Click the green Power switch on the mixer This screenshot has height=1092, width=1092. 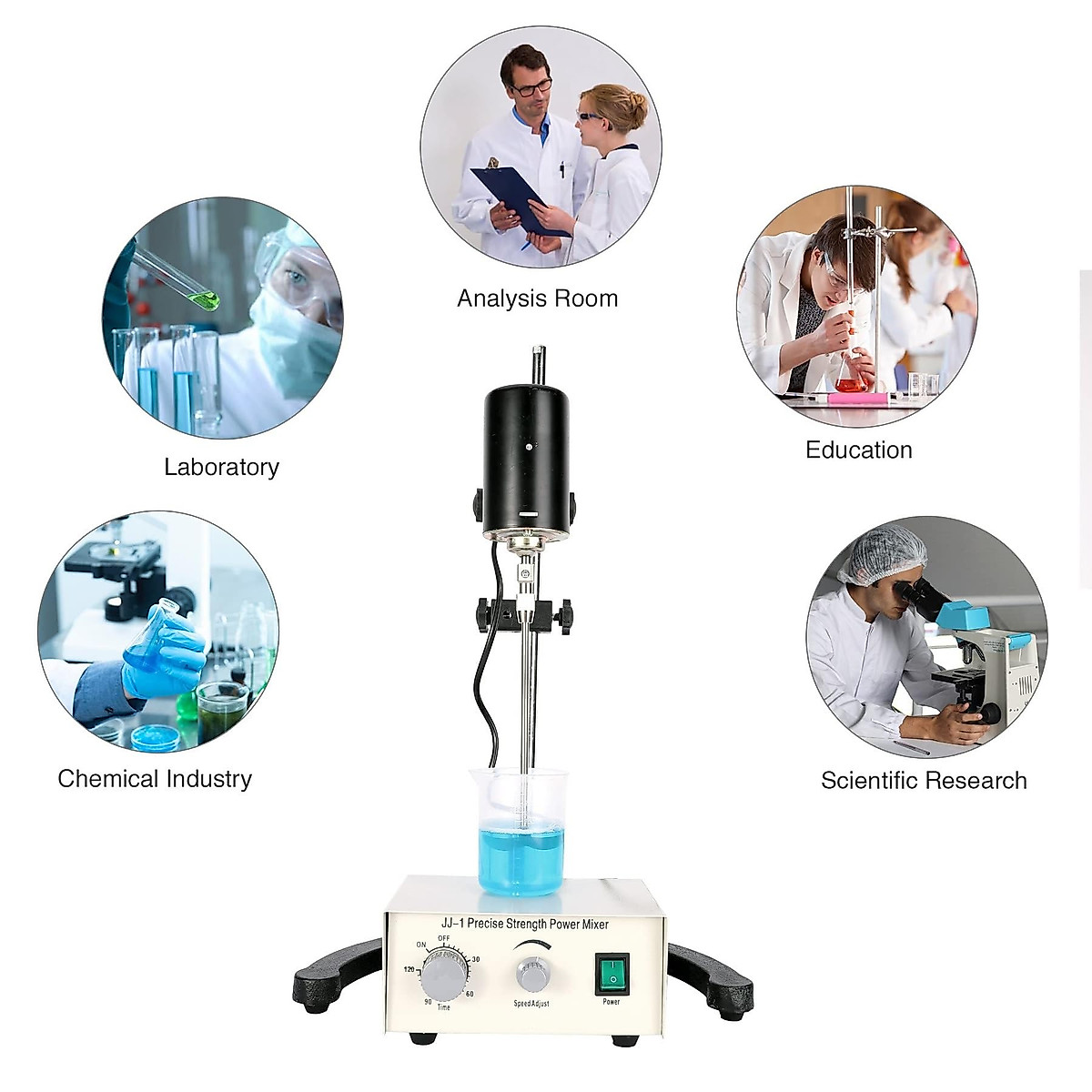(612, 974)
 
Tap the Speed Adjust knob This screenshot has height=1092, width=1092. (533, 974)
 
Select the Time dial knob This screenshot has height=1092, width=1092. (444, 977)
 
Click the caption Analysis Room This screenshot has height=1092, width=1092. (537, 298)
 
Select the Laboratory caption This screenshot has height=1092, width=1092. (221, 467)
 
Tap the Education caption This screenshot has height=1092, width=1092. (858, 450)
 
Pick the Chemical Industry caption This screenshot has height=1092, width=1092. (155, 779)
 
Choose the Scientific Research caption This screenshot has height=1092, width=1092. (924, 780)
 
